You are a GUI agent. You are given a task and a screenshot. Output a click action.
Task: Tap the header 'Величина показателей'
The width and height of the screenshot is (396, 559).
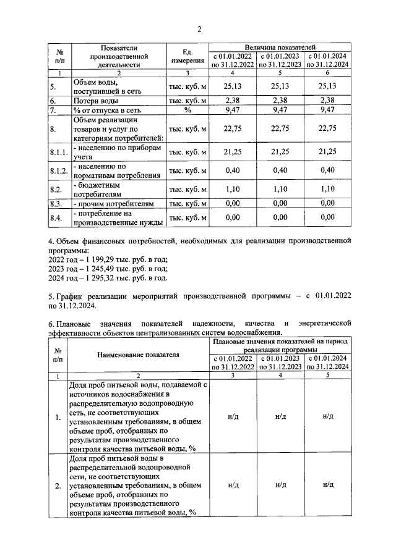pyautogui.click(x=280, y=46)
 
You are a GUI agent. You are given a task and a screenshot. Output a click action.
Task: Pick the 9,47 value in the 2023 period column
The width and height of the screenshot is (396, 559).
pyautogui.click(x=280, y=110)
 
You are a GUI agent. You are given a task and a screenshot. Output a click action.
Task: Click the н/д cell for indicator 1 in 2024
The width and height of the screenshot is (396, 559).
pyautogui.click(x=327, y=417)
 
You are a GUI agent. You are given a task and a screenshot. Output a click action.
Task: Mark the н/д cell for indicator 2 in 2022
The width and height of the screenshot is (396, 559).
pyautogui.click(x=233, y=485)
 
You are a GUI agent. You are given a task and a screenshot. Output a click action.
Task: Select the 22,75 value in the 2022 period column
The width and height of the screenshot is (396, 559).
pyautogui.click(x=233, y=128)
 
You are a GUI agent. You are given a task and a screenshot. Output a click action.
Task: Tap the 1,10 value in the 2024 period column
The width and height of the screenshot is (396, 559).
pyautogui.click(x=327, y=188)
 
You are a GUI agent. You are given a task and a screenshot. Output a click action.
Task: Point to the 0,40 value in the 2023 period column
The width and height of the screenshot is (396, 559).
pyautogui.click(x=280, y=170)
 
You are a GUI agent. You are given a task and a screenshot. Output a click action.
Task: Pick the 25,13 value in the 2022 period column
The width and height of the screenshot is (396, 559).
pyautogui.click(x=233, y=86)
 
